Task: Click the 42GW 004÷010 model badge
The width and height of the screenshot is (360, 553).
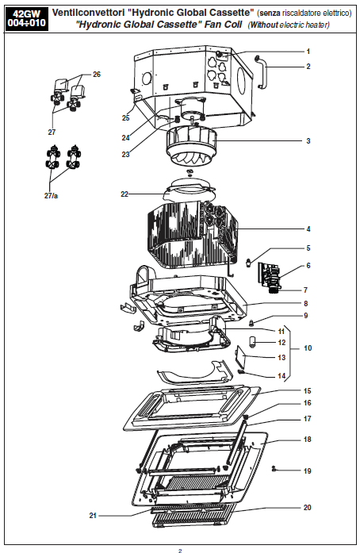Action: click(x=27, y=19)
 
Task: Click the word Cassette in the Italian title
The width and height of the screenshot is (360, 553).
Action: click(x=229, y=13)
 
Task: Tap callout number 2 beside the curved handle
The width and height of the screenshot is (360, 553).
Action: click(x=308, y=67)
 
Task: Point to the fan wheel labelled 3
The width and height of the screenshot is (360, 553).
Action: click(x=191, y=145)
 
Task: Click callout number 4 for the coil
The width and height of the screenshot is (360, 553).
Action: click(x=308, y=228)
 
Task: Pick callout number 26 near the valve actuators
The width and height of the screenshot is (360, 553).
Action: click(x=97, y=74)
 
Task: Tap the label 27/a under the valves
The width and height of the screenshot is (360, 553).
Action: click(x=51, y=195)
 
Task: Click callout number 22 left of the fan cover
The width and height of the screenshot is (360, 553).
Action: click(x=124, y=194)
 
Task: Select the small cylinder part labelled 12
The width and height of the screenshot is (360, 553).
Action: click(x=253, y=342)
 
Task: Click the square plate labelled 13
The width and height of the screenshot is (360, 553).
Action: click(x=240, y=356)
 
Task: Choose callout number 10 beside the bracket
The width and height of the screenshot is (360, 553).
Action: click(x=308, y=348)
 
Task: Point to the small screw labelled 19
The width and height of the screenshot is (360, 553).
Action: click(x=274, y=469)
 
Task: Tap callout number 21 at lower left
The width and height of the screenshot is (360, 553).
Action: click(x=93, y=515)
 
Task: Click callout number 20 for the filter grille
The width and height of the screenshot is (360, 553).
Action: click(x=308, y=507)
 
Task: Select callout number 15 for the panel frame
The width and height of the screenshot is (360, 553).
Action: click(x=308, y=391)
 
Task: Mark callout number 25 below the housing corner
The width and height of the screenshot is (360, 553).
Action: click(x=126, y=117)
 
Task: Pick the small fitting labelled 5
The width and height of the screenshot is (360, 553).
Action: click(x=249, y=262)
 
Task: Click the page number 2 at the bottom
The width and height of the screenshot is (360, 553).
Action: click(x=180, y=550)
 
